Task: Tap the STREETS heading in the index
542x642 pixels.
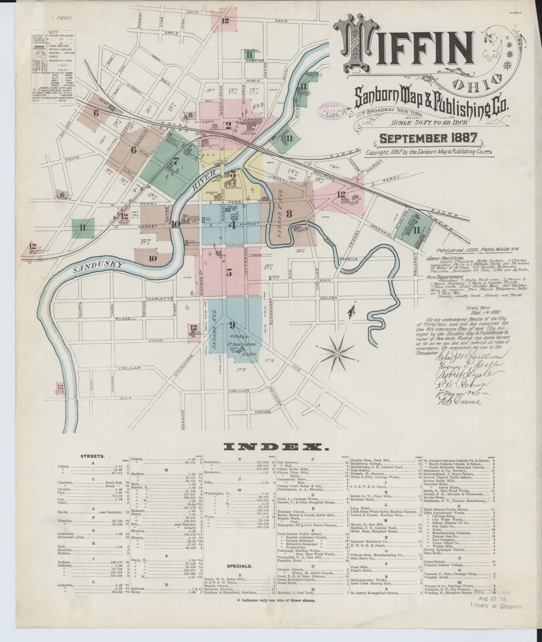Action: tap(93, 456)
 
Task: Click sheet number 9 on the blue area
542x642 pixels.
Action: tap(232, 324)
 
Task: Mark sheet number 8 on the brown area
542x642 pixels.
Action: tap(289, 213)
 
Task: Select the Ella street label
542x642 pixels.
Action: tap(126, 398)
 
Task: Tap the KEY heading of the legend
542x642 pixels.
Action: tap(52, 32)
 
